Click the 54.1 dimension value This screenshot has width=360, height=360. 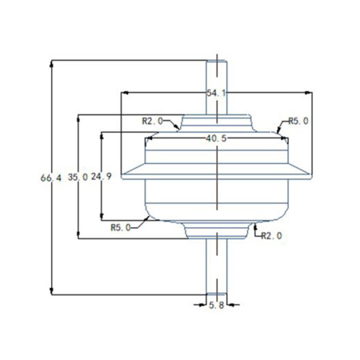click(216, 94)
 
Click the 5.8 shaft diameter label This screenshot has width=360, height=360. click(216, 306)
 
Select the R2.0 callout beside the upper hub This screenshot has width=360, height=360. click(152, 121)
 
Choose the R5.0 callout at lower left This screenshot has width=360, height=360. click(122, 227)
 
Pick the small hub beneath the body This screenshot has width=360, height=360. click(216, 230)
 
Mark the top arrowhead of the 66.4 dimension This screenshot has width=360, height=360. click(52, 62)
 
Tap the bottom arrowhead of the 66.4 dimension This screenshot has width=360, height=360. click(52, 292)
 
